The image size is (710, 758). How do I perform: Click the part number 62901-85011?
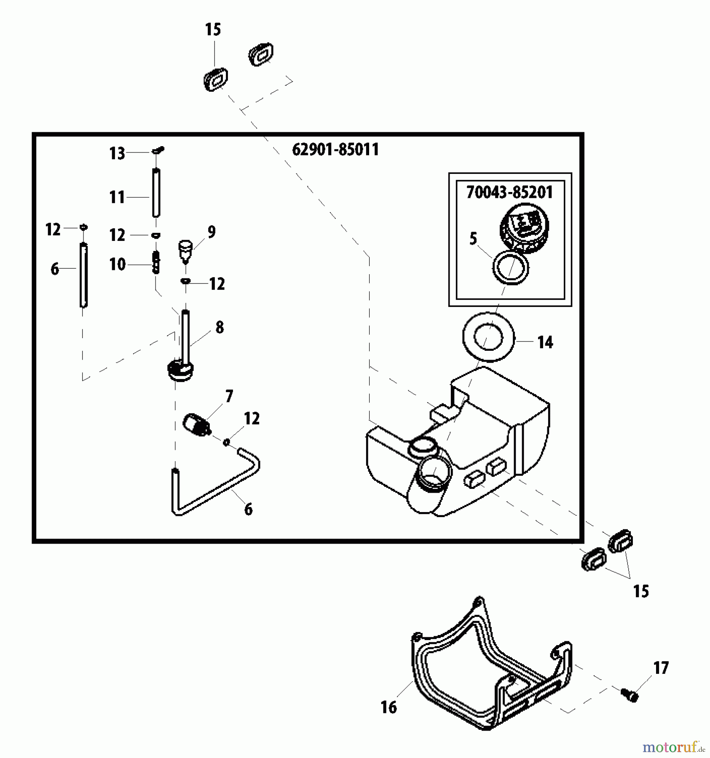335,149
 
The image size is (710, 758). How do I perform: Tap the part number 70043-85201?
509,192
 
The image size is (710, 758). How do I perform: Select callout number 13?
117,153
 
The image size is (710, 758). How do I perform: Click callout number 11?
117,197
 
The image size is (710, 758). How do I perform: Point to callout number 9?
212,232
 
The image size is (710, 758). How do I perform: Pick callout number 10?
118,264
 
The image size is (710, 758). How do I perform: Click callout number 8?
220,327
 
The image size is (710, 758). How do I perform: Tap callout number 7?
229,396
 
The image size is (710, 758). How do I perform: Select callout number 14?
545,342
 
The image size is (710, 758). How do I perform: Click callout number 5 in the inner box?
473,239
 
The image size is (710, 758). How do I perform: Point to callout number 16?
388,707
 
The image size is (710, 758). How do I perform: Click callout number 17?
661,668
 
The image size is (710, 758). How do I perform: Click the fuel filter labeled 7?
196,424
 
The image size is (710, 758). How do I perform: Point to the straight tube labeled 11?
156,193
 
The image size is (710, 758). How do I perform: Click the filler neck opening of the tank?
435,473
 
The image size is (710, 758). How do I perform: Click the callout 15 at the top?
213,30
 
